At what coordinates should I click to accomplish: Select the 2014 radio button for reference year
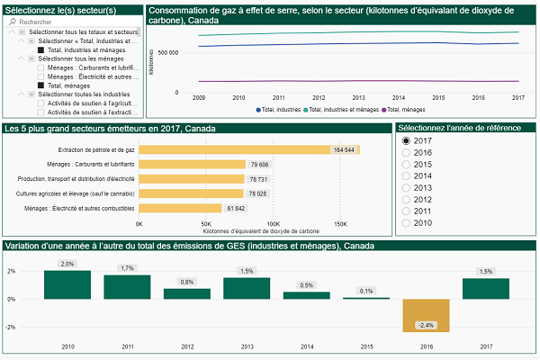pos(407,175)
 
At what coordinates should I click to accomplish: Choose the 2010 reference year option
pos(407,222)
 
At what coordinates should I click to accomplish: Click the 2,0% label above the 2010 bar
pos(67,264)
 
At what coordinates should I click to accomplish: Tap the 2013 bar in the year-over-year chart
pos(246,288)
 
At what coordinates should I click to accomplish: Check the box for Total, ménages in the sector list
pos(41,85)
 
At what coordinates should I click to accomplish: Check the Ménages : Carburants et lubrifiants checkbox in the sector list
pos(41,67)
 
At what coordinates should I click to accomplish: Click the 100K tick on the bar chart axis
pos(273,222)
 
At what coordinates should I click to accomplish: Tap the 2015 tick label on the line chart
pos(438,97)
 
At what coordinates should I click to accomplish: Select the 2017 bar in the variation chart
pos(486,288)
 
